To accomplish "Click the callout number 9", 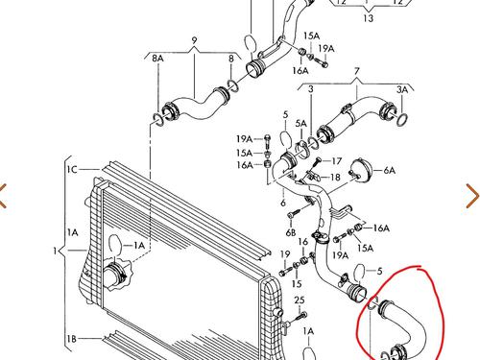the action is tap(194, 40).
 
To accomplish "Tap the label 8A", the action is tap(157, 59).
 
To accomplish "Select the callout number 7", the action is tap(357, 71).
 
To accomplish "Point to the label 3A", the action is tap(402, 90).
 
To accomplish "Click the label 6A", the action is tap(389, 170).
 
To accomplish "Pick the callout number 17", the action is tap(336, 161).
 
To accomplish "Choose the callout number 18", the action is tap(335, 177).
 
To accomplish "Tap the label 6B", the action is tap(291, 232).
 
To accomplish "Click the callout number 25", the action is tap(300, 300).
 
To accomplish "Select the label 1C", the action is tap(72, 169).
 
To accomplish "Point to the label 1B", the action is tap(72, 339).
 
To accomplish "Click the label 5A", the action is tap(300, 124).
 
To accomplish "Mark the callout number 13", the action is tap(369, 18).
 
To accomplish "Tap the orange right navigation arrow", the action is tap(472, 196).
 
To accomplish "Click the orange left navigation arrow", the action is tap(3, 196).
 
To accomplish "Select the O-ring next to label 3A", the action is tap(402, 119).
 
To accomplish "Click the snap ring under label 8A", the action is tap(157, 118).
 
